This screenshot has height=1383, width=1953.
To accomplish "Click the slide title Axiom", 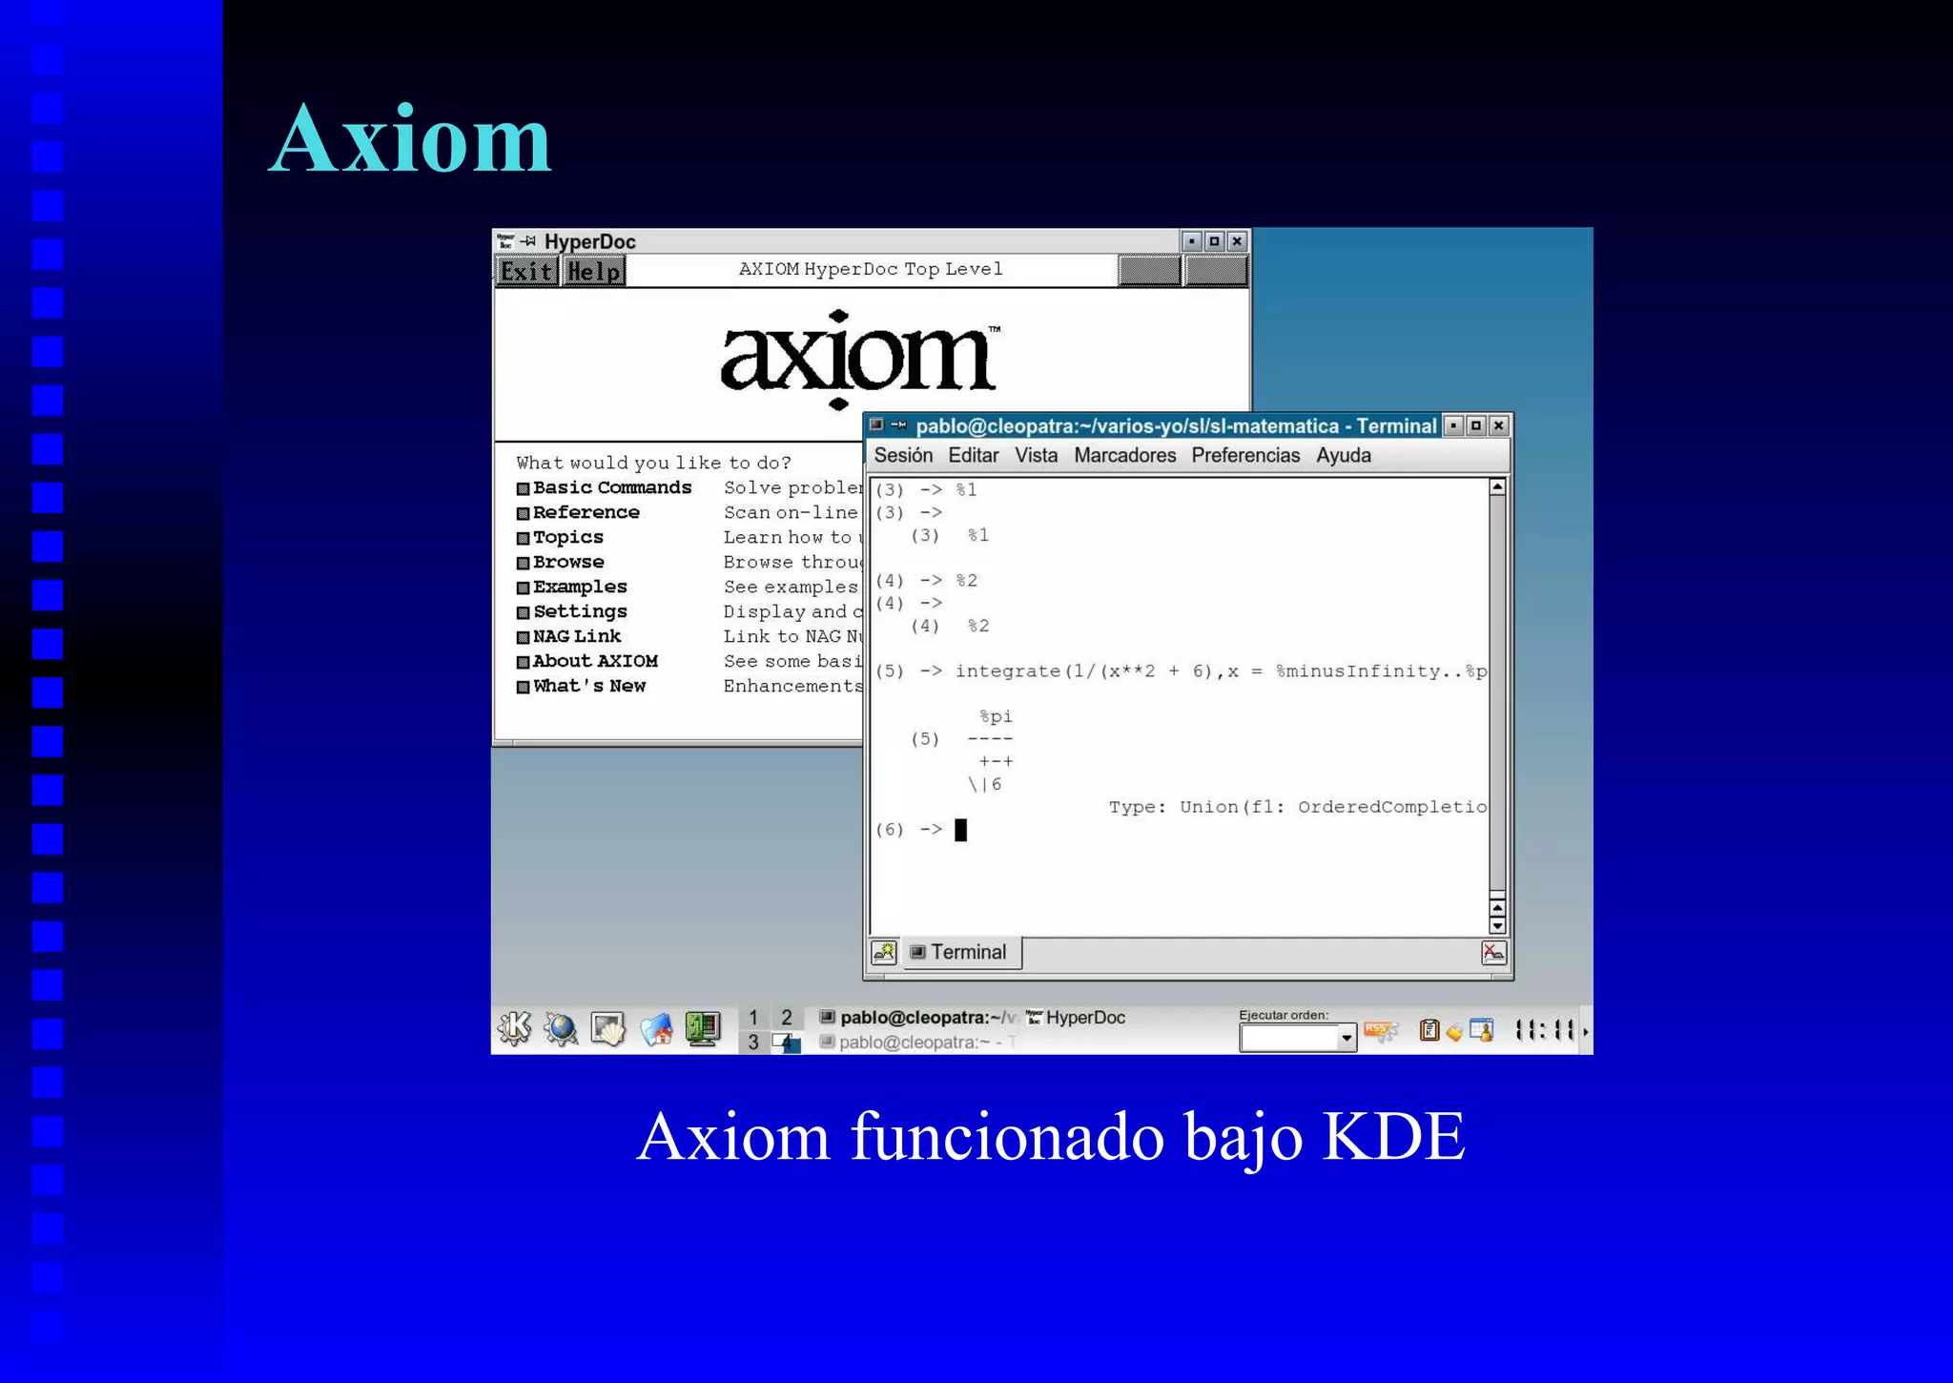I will pyautogui.click(x=410, y=140).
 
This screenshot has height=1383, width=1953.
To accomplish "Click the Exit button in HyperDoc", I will pyautogui.click(x=526, y=272).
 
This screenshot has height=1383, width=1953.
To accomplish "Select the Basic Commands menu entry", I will pyautogui.click(x=611, y=487).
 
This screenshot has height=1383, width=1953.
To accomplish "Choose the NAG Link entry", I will pyautogui.click(x=576, y=636).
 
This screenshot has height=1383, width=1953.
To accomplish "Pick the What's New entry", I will pyautogui.click(x=588, y=686).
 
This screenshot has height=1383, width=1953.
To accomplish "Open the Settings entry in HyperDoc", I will pyautogui.click(x=580, y=611).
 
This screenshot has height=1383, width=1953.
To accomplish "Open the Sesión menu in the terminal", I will pyautogui.click(x=902, y=456).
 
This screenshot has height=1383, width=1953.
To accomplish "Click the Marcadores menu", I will pyautogui.click(x=1124, y=456).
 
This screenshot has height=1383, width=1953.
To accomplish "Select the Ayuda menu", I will pyautogui.click(x=1343, y=456).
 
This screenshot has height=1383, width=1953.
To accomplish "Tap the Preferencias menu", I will pyautogui.click(x=1244, y=456).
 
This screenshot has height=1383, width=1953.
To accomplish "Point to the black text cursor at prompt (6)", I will pyautogui.click(x=960, y=830).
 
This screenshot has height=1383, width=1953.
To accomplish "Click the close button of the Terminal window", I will pyautogui.click(x=1499, y=425).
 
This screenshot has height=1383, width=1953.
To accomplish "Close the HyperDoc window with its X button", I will pyautogui.click(x=1237, y=241).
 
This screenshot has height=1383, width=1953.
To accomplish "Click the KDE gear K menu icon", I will pyautogui.click(x=515, y=1028).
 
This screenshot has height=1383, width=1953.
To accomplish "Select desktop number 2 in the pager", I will pyautogui.click(x=787, y=1018).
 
